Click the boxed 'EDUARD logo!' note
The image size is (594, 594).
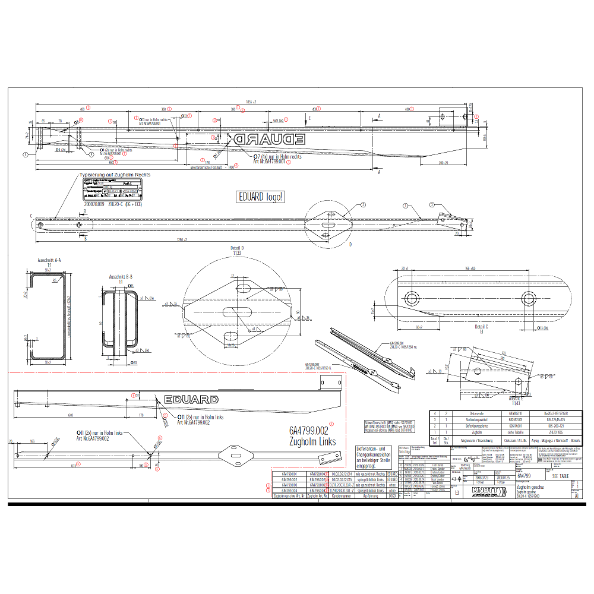(x=260, y=197)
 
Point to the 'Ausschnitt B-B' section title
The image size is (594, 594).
(x=121, y=277)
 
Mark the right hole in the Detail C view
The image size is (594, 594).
(x=527, y=298)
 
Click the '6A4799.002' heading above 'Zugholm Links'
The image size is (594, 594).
(x=309, y=431)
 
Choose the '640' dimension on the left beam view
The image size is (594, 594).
(x=70, y=415)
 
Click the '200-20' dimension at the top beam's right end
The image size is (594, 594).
(x=443, y=162)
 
